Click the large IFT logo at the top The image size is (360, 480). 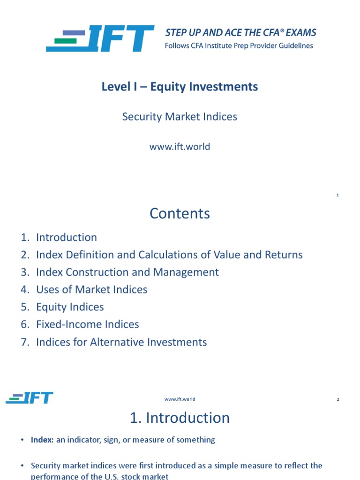click(100, 39)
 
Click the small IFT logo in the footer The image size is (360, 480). click(30, 398)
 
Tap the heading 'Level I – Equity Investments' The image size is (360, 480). click(180, 87)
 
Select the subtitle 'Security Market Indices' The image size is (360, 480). click(180, 117)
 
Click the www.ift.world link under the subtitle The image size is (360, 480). click(180, 147)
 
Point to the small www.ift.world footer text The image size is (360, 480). click(180, 399)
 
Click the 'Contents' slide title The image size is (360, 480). click(180, 214)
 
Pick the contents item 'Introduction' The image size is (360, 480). click(67, 237)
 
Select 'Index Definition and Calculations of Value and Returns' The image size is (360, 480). click(169, 255)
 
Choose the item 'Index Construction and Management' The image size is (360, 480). click(127, 272)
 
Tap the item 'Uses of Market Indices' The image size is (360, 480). click(92, 290)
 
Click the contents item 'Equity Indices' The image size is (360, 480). click(70, 307)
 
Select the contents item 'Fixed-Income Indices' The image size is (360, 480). click(88, 324)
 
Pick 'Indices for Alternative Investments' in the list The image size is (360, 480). click(121, 342)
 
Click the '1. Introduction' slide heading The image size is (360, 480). click(180, 418)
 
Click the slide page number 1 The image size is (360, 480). click(337, 195)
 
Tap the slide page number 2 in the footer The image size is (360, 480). click(337, 399)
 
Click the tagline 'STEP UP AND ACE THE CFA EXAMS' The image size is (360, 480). click(240, 33)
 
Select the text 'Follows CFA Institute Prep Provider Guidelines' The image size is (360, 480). click(239, 46)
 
